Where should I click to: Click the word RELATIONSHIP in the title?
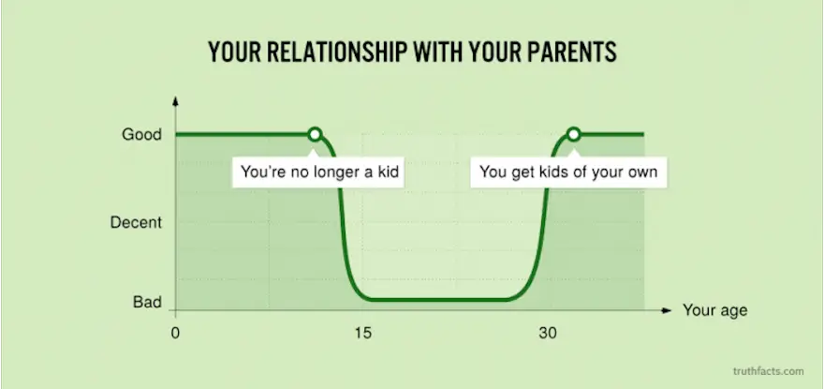(x=336, y=52)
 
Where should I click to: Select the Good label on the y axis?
(x=142, y=135)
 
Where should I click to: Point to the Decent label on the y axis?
(x=136, y=223)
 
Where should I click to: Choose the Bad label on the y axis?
(x=147, y=302)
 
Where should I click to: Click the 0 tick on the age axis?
(x=175, y=333)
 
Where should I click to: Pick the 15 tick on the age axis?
(x=362, y=333)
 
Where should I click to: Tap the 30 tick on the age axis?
(x=547, y=333)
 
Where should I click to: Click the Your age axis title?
(x=714, y=310)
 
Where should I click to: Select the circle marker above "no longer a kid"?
(x=315, y=135)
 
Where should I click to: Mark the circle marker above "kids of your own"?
(x=573, y=135)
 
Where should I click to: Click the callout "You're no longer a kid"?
(x=318, y=172)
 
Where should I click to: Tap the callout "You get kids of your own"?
(x=568, y=172)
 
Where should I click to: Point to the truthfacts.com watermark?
(x=769, y=371)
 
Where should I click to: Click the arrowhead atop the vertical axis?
(x=175, y=100)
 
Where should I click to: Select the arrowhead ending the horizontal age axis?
(x=667, y=310)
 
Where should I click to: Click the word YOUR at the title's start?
(x=234, y=52)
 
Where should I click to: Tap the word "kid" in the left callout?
(x=388, y=172)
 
